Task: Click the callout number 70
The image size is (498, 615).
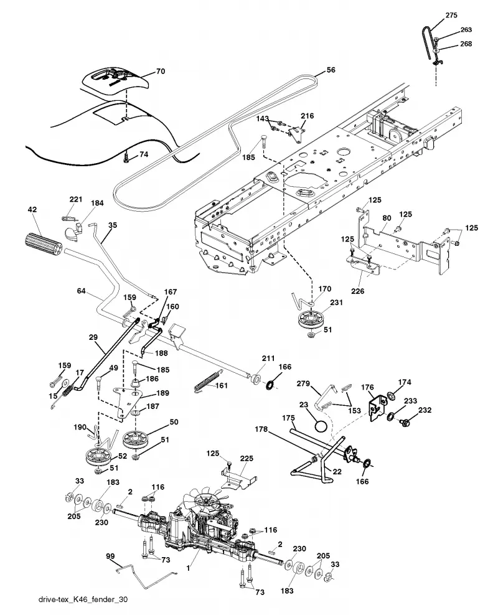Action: coord(161,72)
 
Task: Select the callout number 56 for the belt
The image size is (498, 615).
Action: coord(331,70)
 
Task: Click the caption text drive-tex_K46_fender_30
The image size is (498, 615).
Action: coord(83,599)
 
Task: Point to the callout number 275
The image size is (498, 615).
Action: coord(451,16)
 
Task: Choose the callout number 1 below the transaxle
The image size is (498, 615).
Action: coord(189,568)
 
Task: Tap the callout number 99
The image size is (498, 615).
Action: coord(110,556)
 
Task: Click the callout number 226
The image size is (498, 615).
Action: coord(357,291)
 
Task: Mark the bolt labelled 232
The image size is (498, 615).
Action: coord(405,423)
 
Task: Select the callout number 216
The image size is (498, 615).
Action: coord(308,116)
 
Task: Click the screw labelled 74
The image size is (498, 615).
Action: coord(126,158)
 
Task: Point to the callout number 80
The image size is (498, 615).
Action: coord(387,218)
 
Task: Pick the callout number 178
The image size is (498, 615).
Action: coord(261,429)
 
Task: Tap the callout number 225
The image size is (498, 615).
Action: coord(247,458)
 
